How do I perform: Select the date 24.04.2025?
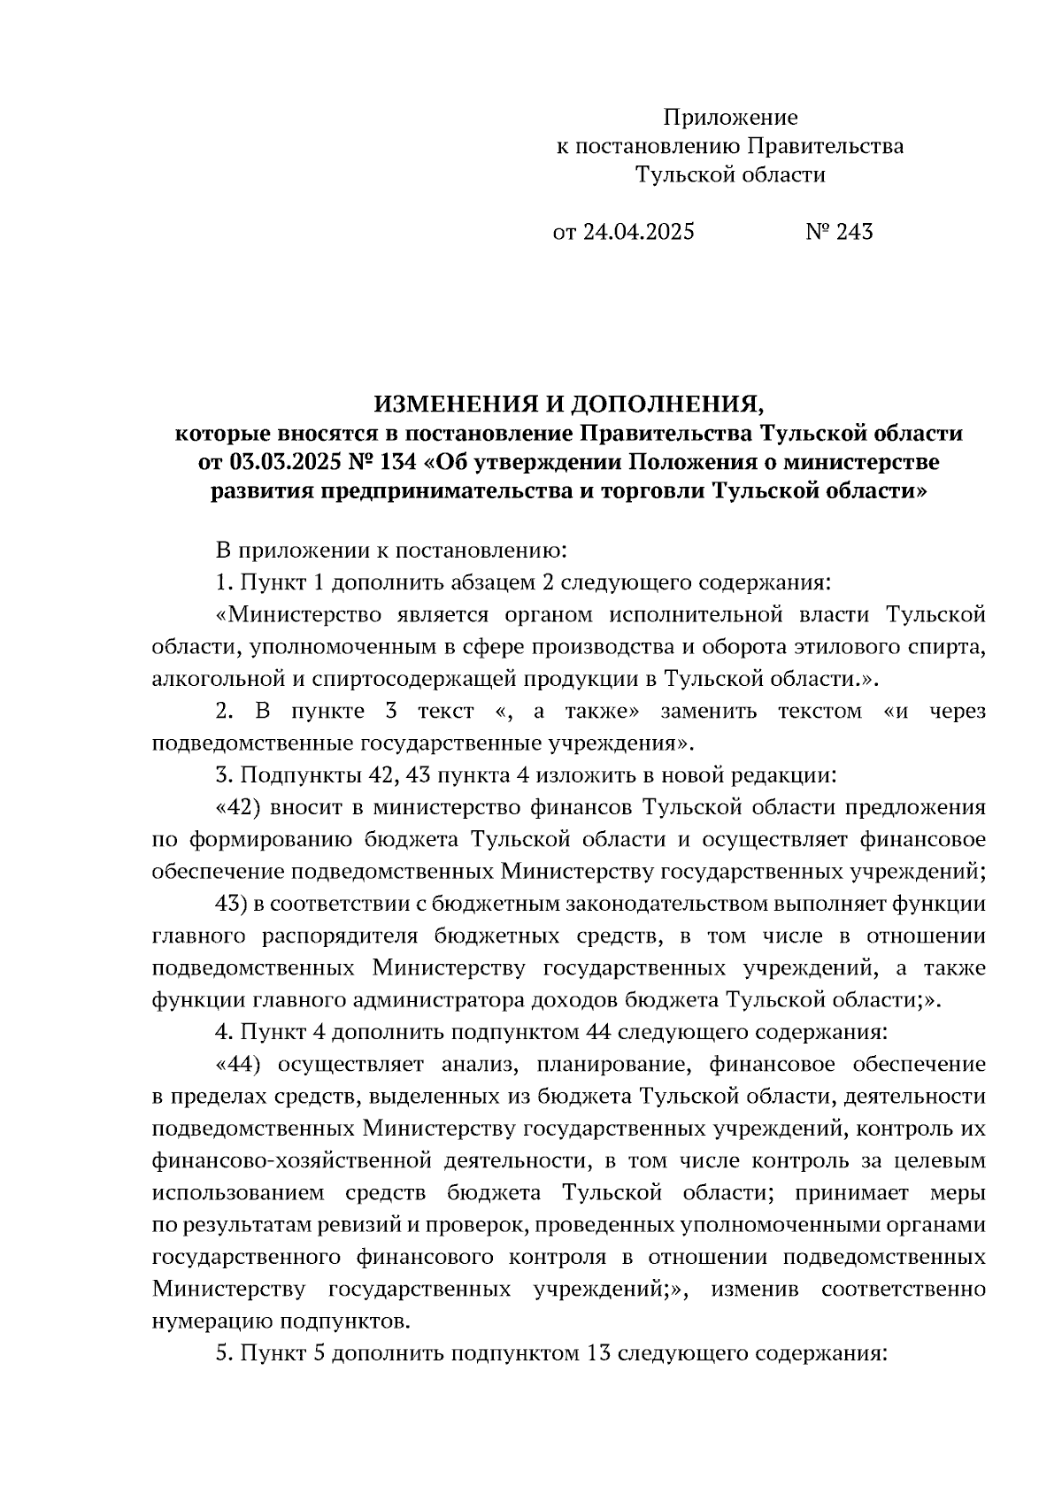tap(637, 232)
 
